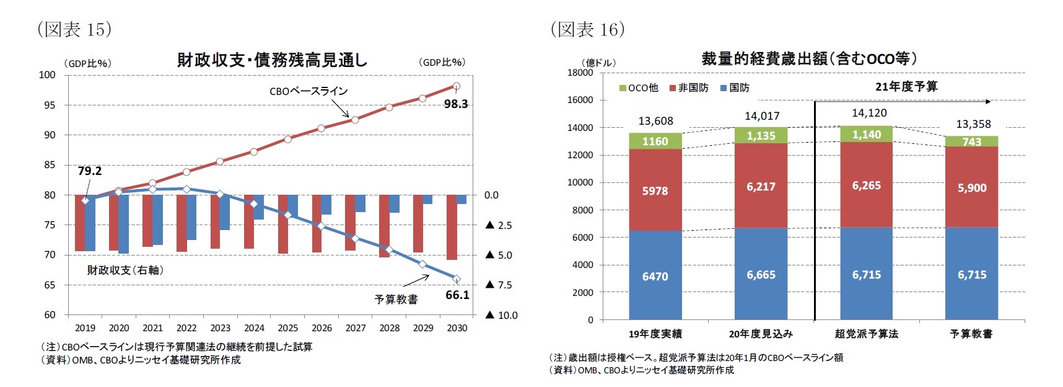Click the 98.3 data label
455,104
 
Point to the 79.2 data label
90,171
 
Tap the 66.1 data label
457,295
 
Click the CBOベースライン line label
308,91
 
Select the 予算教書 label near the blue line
396,300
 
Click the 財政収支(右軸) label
126,270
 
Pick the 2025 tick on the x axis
287,328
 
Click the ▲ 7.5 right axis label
499,285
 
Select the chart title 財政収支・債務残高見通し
272,60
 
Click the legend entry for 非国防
689,88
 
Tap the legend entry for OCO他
639,88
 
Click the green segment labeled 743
971,142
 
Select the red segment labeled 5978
655,191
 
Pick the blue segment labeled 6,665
761,275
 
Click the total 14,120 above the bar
868,113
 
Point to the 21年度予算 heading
906,87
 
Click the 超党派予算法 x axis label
866,334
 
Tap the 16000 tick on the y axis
580,100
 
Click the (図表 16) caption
588,29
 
